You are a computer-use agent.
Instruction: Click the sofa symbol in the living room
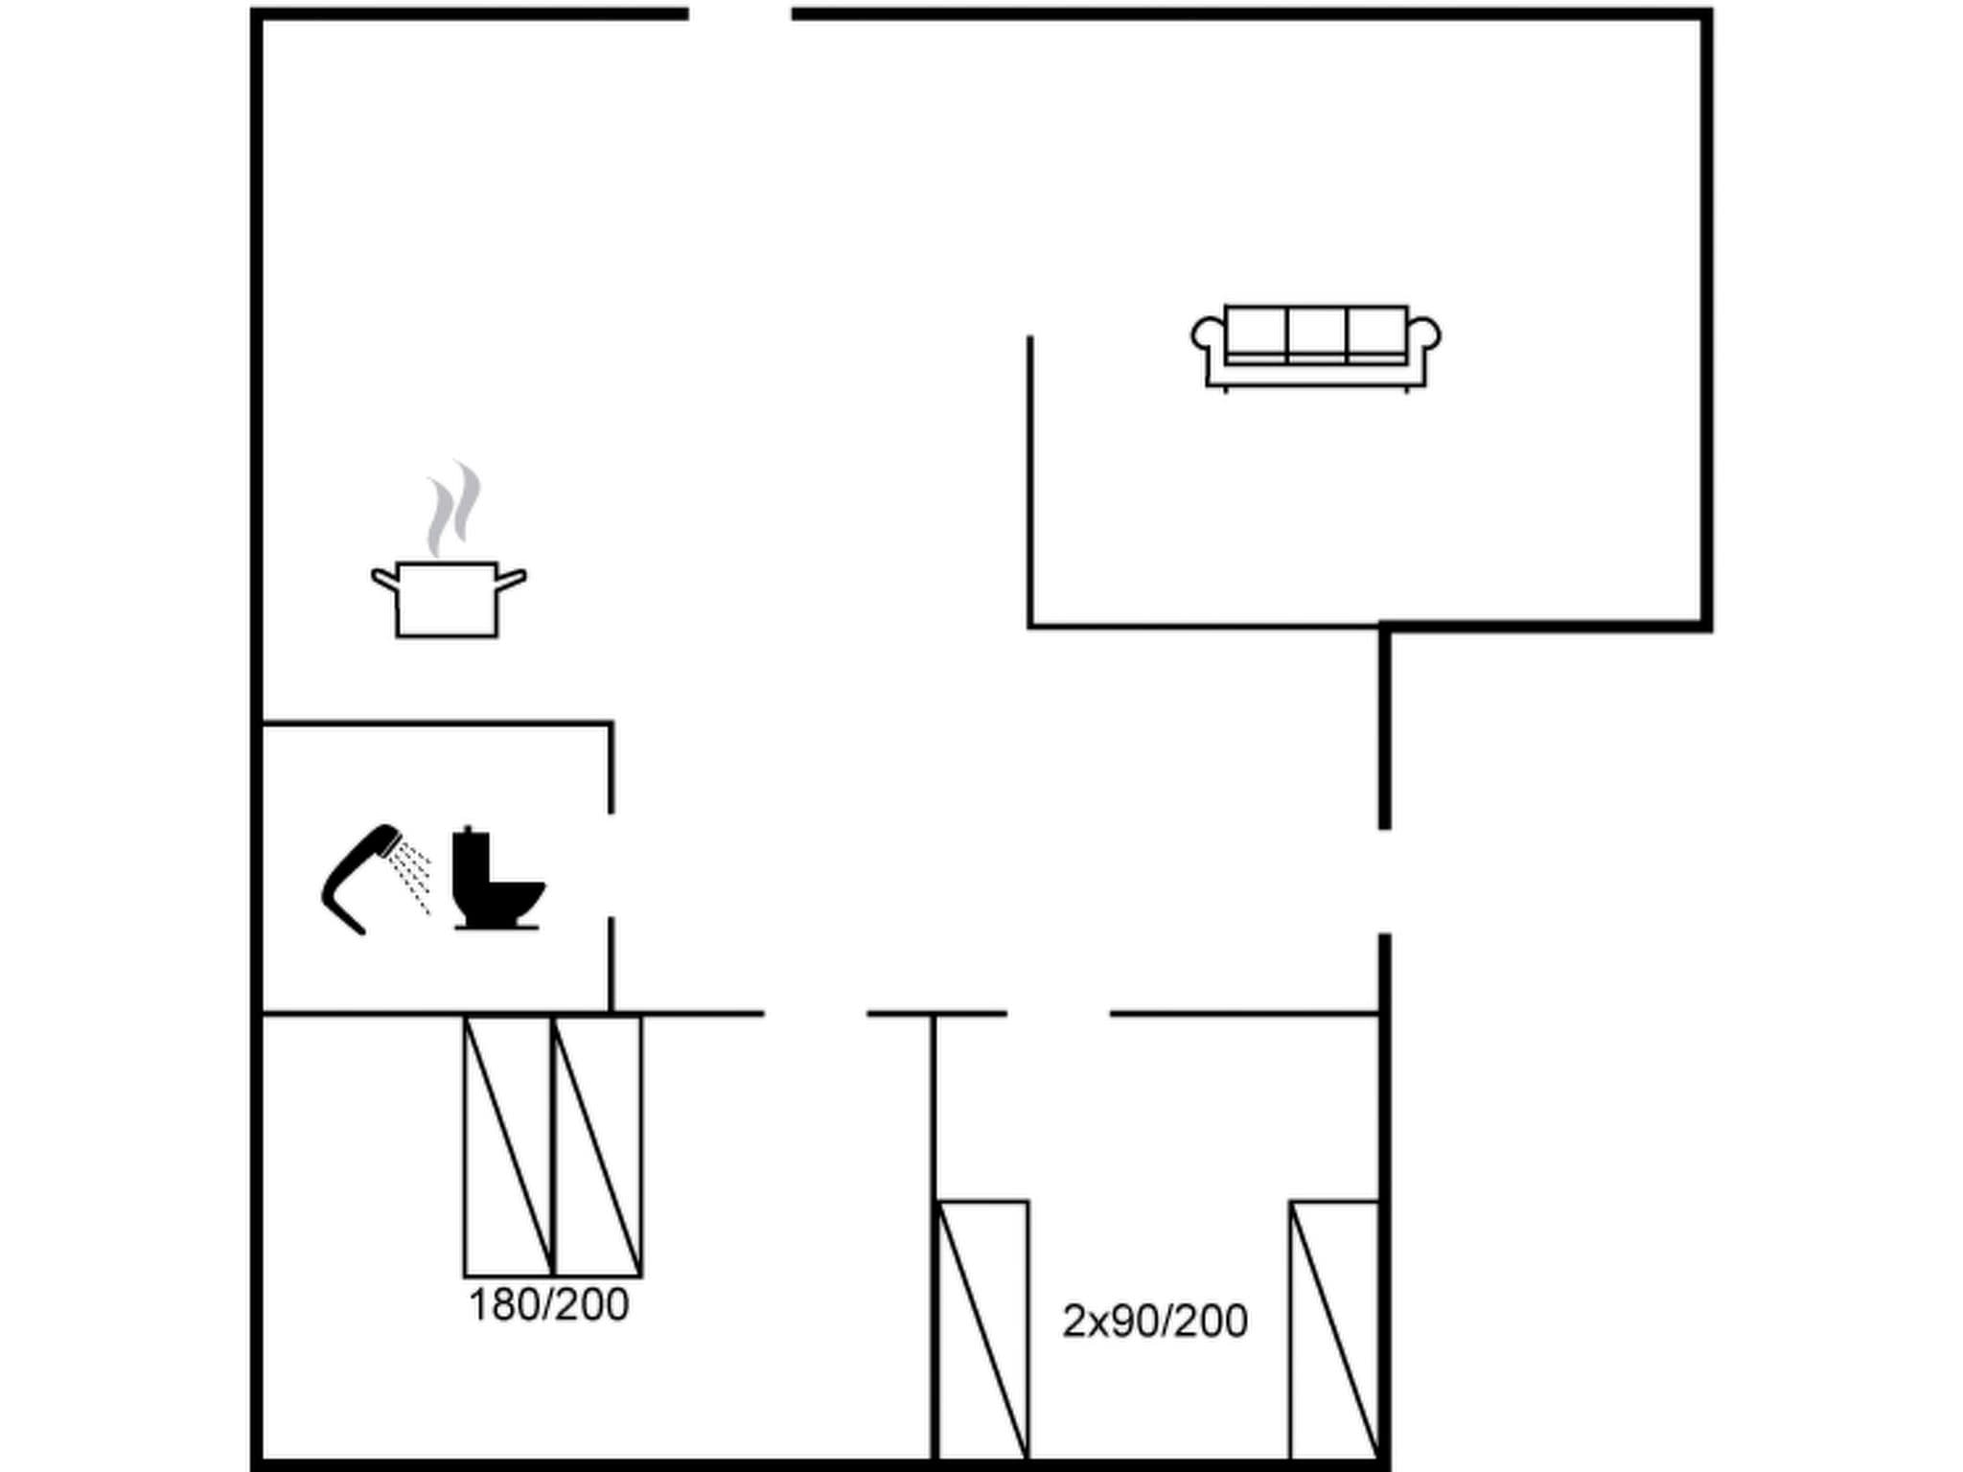1315,348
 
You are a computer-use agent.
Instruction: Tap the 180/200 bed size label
548,1305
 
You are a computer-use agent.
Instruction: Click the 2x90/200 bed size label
1154,1322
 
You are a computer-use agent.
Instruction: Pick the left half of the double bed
508,1146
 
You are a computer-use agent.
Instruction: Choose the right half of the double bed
598,1146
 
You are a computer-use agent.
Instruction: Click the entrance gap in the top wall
740,14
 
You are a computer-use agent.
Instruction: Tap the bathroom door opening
611,864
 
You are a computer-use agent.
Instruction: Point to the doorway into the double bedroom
816,1013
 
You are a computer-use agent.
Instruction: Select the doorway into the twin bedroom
1058,1013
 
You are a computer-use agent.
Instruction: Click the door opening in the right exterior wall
1384,882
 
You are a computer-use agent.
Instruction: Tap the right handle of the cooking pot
512,579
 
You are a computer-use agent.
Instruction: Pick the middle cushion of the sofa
1316,332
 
